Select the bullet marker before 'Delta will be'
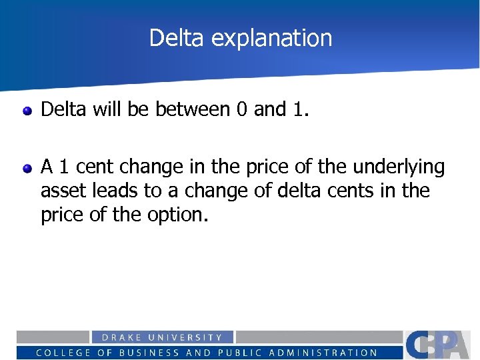pyautogui.click(x=27, y=110)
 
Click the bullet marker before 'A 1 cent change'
pyautogui.click(x=27, y=168)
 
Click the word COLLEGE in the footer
pyautogui.click(x=63, y=353)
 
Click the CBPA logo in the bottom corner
pyautogui.click(x=441, y=344)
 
